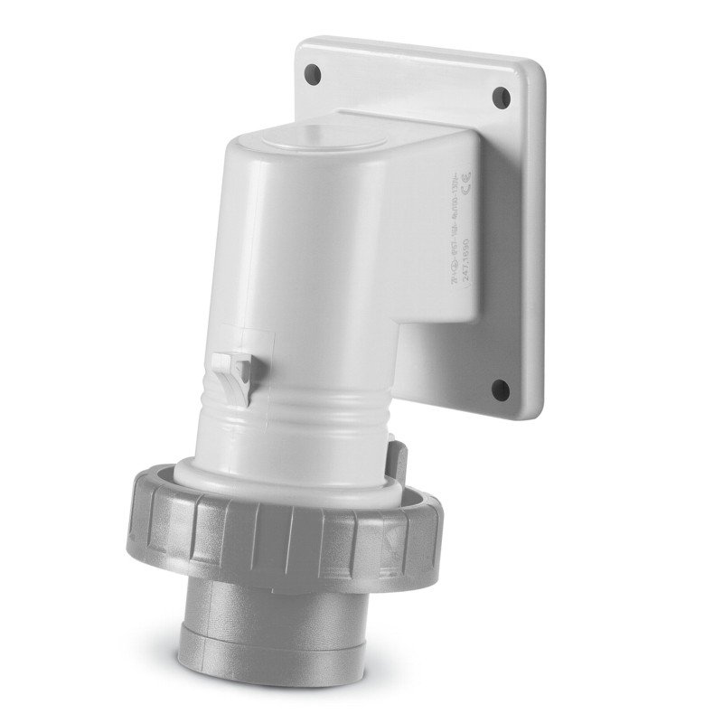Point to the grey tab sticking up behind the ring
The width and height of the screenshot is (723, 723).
point(397,446)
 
